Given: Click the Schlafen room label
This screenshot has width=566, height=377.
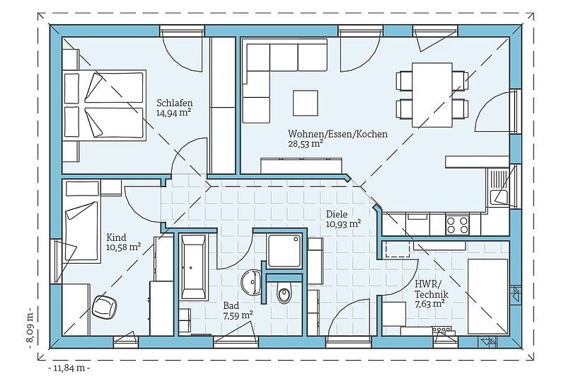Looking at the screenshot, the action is point(174,103).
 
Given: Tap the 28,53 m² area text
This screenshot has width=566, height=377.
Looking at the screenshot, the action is point(305,143).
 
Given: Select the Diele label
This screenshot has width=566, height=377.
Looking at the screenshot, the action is point(337,214).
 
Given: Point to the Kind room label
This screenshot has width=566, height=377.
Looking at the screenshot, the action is point(116,237).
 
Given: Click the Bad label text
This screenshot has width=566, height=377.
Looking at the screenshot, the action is point(231,306).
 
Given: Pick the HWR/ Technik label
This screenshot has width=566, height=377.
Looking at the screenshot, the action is point(431,289).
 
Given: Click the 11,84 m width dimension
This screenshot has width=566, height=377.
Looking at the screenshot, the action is point(69,368).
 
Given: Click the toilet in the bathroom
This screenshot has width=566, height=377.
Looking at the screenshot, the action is point(284,293).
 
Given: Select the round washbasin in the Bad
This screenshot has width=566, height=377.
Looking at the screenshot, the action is point(251,281).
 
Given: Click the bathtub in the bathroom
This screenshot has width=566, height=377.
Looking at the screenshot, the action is point(194,266).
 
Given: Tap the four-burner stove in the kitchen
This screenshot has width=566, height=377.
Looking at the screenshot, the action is point(457,225).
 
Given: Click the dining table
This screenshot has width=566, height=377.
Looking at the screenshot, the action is point(432,95).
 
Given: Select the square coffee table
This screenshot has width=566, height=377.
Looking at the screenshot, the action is point(306,103).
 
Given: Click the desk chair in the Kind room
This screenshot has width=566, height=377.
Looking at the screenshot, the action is point(105,307).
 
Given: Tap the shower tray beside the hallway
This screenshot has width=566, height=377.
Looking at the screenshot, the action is point(284,250).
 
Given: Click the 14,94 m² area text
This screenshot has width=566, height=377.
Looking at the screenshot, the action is point(173,113).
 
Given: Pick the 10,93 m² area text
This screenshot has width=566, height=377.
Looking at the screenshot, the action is point(343,224).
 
